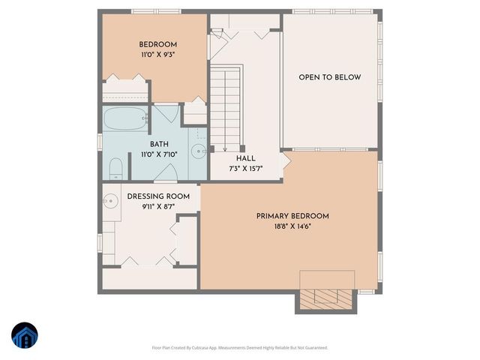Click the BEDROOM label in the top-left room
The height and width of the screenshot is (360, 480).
point(157,43)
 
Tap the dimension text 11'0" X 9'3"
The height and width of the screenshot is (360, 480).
point(157,55)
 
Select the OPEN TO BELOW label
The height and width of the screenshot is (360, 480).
point(329,77)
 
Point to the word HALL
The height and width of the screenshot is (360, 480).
point(246,159)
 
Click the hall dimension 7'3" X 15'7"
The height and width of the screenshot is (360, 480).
point(246,169)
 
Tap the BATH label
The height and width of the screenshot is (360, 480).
point(159,144)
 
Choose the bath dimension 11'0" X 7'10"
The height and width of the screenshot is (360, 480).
point(159,154)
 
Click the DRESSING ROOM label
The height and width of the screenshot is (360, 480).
point(158,196)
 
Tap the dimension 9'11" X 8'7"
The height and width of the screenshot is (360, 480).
point(158,207)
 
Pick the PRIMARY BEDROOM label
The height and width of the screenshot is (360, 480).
point(292,216)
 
